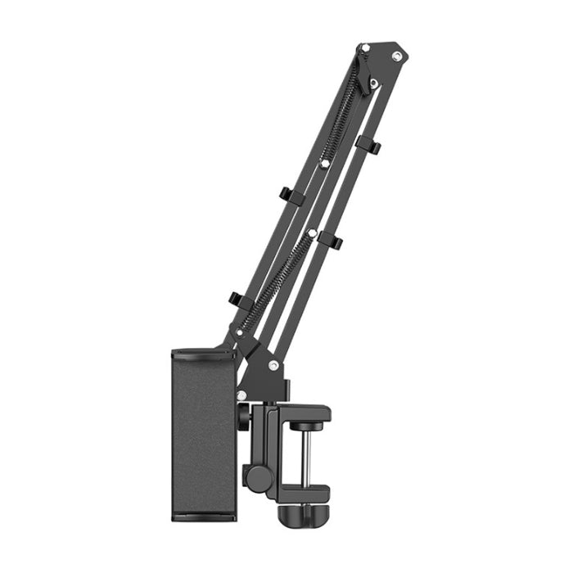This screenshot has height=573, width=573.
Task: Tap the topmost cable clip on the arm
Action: point(369,146)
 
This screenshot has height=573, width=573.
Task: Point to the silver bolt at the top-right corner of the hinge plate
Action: point(397,56)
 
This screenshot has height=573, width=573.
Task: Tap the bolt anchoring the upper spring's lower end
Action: point(324,164)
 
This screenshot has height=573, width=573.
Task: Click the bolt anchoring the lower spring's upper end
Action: point(311,233)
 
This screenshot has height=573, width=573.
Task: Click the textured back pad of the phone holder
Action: point(202,434)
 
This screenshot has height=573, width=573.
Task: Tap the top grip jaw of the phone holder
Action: point(202,354)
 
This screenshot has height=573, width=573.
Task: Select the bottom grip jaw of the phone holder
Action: point(203,515)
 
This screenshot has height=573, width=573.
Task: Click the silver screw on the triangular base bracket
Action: point(273,365)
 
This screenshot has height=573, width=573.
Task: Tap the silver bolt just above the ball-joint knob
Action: point(241,395)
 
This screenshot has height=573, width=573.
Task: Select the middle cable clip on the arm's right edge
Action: point(330,240)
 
